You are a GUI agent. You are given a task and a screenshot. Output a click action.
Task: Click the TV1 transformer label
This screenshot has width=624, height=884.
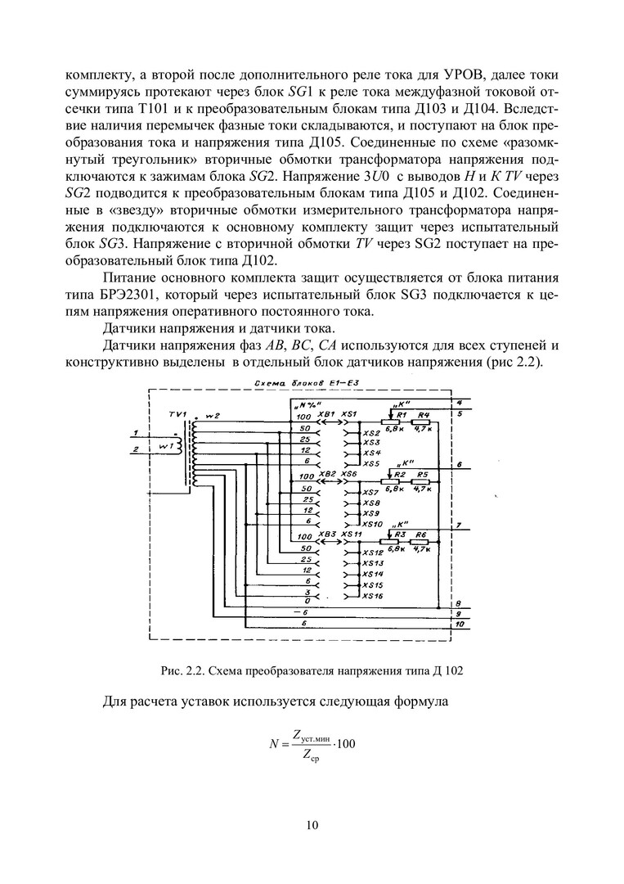click(x=178, y=414)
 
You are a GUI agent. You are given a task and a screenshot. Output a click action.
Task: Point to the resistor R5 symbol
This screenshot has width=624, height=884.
click(x=422, y=480)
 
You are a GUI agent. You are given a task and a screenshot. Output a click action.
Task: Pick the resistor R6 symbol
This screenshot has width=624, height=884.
click(x=421, y=540)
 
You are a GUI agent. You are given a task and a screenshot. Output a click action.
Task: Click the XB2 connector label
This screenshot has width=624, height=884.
click(x=327, y=474)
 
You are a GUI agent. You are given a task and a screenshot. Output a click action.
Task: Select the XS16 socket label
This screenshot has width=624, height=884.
click(x=373, y=596)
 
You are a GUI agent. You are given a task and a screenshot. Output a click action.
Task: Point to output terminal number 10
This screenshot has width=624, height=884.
click(x=460, y=625)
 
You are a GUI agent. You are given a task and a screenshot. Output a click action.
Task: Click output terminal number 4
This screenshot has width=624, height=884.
click(x=460, y=403)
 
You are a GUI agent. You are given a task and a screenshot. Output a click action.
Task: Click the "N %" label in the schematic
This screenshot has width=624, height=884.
click(x=306, y=406)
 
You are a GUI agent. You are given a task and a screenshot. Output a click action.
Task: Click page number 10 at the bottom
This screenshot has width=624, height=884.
click(x=312, y=824)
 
